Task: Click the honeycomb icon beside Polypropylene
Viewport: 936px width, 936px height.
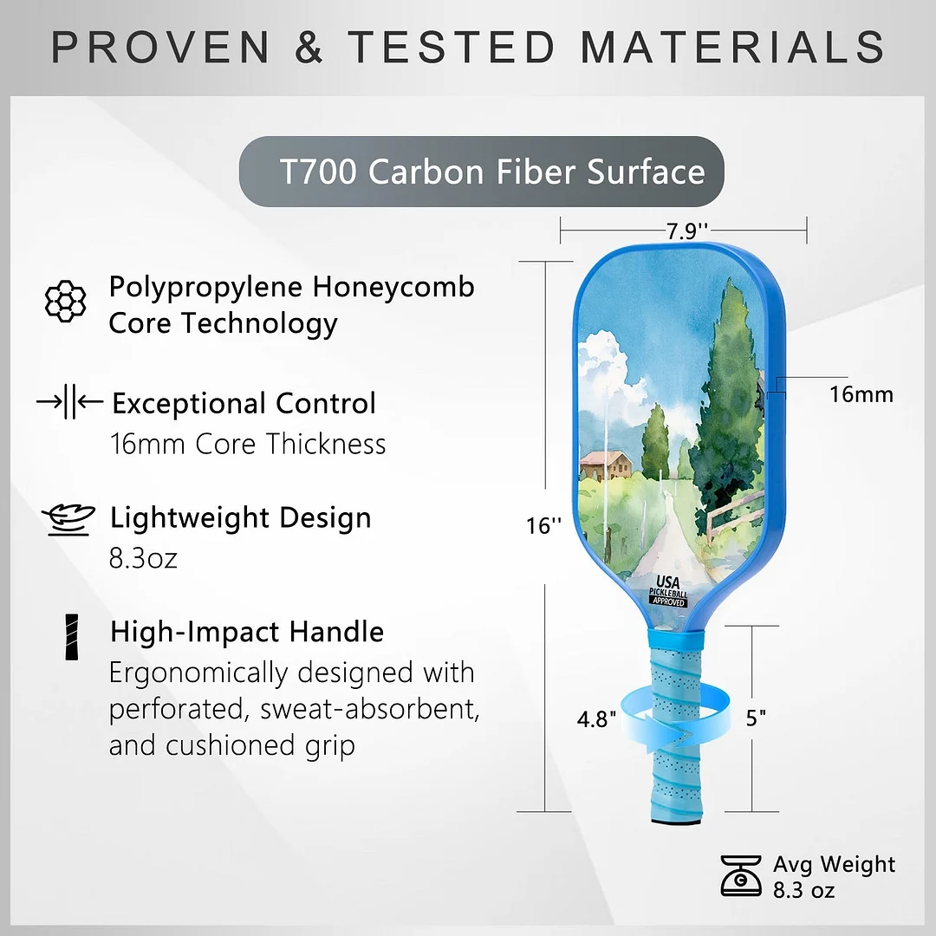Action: [x=66, y=302]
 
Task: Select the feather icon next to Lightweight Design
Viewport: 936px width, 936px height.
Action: [x=68, y=519]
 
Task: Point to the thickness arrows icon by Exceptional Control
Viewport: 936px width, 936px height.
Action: [x=68, y=402]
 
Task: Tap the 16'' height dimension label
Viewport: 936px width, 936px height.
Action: [x=543, y=525]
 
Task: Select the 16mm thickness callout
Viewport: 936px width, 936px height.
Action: [x=861, y=394]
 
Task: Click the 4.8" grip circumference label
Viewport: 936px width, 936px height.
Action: [x=599, y=720]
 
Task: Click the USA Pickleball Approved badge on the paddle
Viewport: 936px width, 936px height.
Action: [x=668, y=590]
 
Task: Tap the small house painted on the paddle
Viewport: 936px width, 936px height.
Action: [x=606, y=465]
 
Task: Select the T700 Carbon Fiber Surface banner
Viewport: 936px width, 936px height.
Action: [x=482, y=172]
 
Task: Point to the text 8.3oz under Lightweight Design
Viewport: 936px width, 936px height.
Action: [x=143, y=557]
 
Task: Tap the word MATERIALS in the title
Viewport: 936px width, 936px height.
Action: [x=732, y=47]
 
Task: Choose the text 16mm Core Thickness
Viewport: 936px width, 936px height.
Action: [x=248, y=444]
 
